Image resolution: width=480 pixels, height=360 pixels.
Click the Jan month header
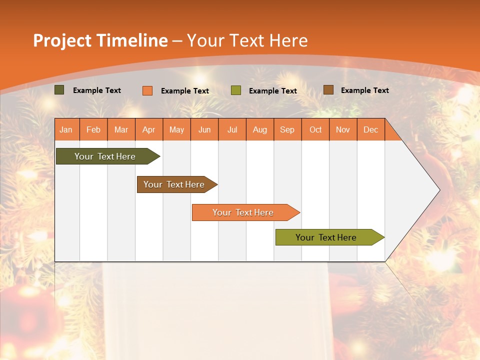pyautogui.click(x=66, y=129)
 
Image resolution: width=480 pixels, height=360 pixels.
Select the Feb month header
pyautogui.click(x=93, y=129)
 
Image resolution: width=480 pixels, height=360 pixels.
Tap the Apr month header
pyautogui.click(x=149, y=129)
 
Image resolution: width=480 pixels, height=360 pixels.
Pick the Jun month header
pyautogui.click(x=204, y=129)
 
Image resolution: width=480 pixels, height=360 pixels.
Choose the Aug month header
pyautogui.click(x=260, y=129)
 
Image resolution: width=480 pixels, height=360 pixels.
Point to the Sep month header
pyautogui.click(x=287, y=129)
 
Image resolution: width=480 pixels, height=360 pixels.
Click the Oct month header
pyautogui.click(x=315, y=129)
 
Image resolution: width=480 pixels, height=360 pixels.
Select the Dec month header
pyautogui.click(x=371, y=129)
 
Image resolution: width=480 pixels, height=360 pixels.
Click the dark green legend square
pyautogui.click(x=59, y=90)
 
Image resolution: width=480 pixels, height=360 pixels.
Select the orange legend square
pyautogui.click(x=147, y=90)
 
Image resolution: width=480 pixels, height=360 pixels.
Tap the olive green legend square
pyautogui.click(x=236, y=90)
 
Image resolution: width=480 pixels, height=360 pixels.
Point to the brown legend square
pyautogui.click(x=328, y=90)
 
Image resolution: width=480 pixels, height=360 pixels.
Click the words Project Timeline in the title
pyautogui.click(x=100, y=40)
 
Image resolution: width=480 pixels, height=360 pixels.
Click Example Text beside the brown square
pyautogui.click(x=364, y=90)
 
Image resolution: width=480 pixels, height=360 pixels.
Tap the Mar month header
pyautogui.click(x=121, y=129)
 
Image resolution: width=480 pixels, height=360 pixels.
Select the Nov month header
pyautogui.click(x=343, y=129)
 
